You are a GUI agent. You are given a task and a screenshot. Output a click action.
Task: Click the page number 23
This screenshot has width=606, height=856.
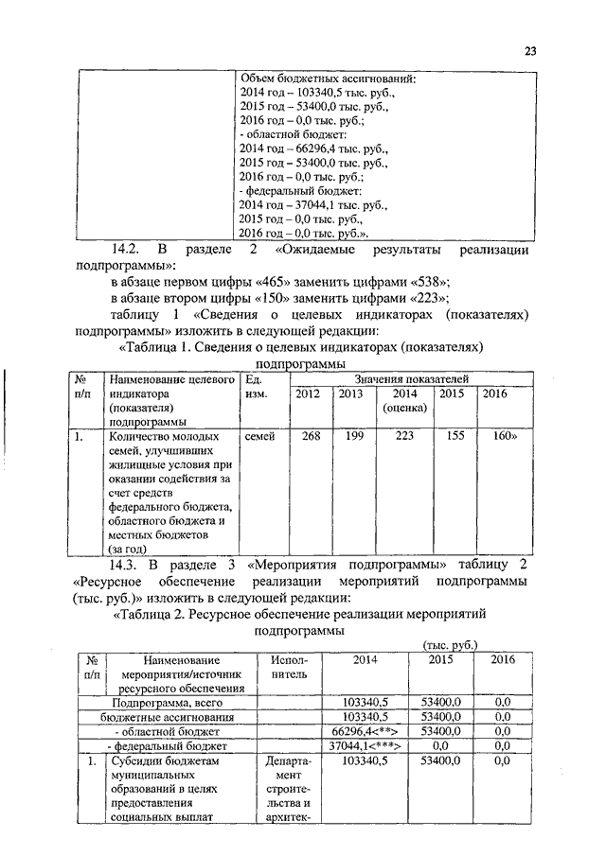tap(529, 52)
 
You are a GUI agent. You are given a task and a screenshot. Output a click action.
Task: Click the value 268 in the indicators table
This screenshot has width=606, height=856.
tap(311, 436)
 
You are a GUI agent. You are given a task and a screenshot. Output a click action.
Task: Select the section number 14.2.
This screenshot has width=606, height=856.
tap(127, 250)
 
